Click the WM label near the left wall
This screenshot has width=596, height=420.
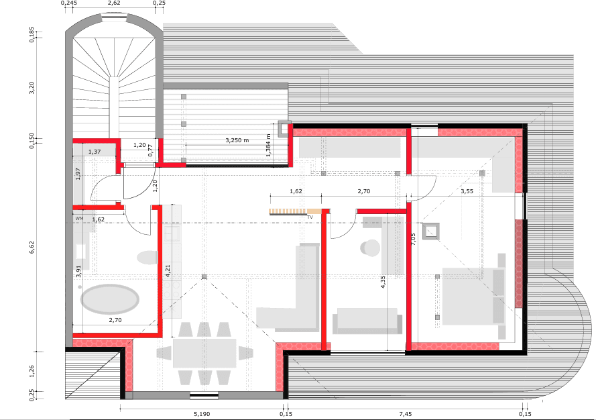point(78,219)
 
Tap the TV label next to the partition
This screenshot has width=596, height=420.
point(310,217)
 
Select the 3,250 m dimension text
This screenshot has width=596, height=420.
point(237,140)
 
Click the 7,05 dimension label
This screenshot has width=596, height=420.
point(414,240)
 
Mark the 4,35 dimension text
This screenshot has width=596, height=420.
point(383,282)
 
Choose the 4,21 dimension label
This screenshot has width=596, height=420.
point(168,271)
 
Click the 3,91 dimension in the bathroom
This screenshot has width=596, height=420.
point(78,271)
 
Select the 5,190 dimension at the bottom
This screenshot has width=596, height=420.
point(202,415)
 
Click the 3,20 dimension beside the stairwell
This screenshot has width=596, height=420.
point(32,87)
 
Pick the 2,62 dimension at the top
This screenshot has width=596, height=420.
point(114,3)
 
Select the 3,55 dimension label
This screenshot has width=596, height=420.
point(468,191)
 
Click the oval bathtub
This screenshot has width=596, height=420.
point(108,299)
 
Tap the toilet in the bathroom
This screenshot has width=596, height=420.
point(146,257)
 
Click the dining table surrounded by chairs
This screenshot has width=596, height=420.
point(204,353)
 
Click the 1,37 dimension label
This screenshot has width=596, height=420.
point(95,152)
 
